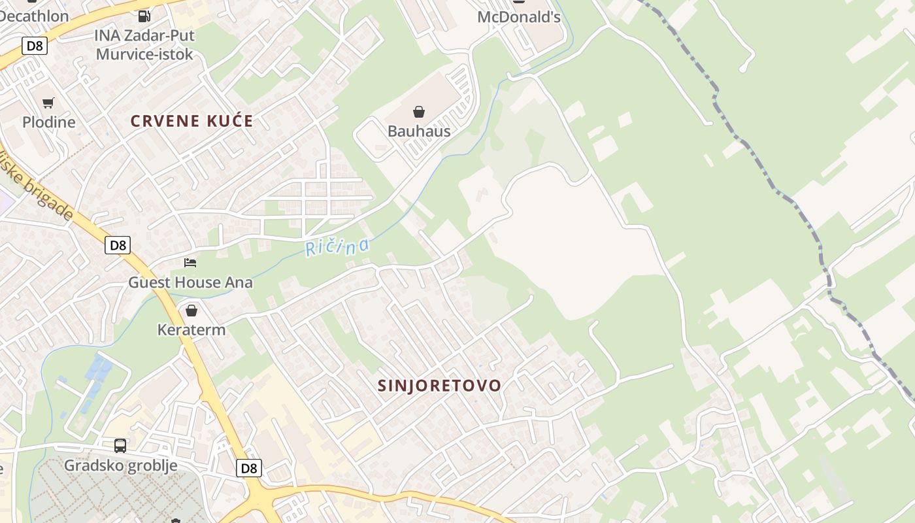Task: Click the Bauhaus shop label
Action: [x=419, y=131]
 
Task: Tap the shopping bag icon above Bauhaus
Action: [x=419, y=112]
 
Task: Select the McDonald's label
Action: [x=519, y=17]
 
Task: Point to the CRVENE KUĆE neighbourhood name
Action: [x=191, y=121]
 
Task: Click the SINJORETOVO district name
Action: [x=439, y=386]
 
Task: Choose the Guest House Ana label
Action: [x=190, y=282]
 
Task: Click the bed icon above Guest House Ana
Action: [x=190, y=263]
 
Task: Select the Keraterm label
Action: [x=191, y=329]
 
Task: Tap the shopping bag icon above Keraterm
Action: [x=191, y=310]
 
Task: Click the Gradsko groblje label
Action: [x=120, y=465]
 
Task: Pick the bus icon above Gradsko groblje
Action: [x=120, y=446]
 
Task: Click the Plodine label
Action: [x=49, y=122]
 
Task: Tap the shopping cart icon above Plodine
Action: [x=48, y=103]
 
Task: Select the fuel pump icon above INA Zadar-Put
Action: [x=144, y=16]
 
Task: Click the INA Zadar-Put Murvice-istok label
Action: [x=144, y=44]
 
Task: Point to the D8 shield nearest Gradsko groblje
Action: [x=249, y=468]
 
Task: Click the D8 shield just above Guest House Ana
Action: [x=118, y=245]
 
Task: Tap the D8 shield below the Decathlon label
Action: [x=34, y=46]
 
